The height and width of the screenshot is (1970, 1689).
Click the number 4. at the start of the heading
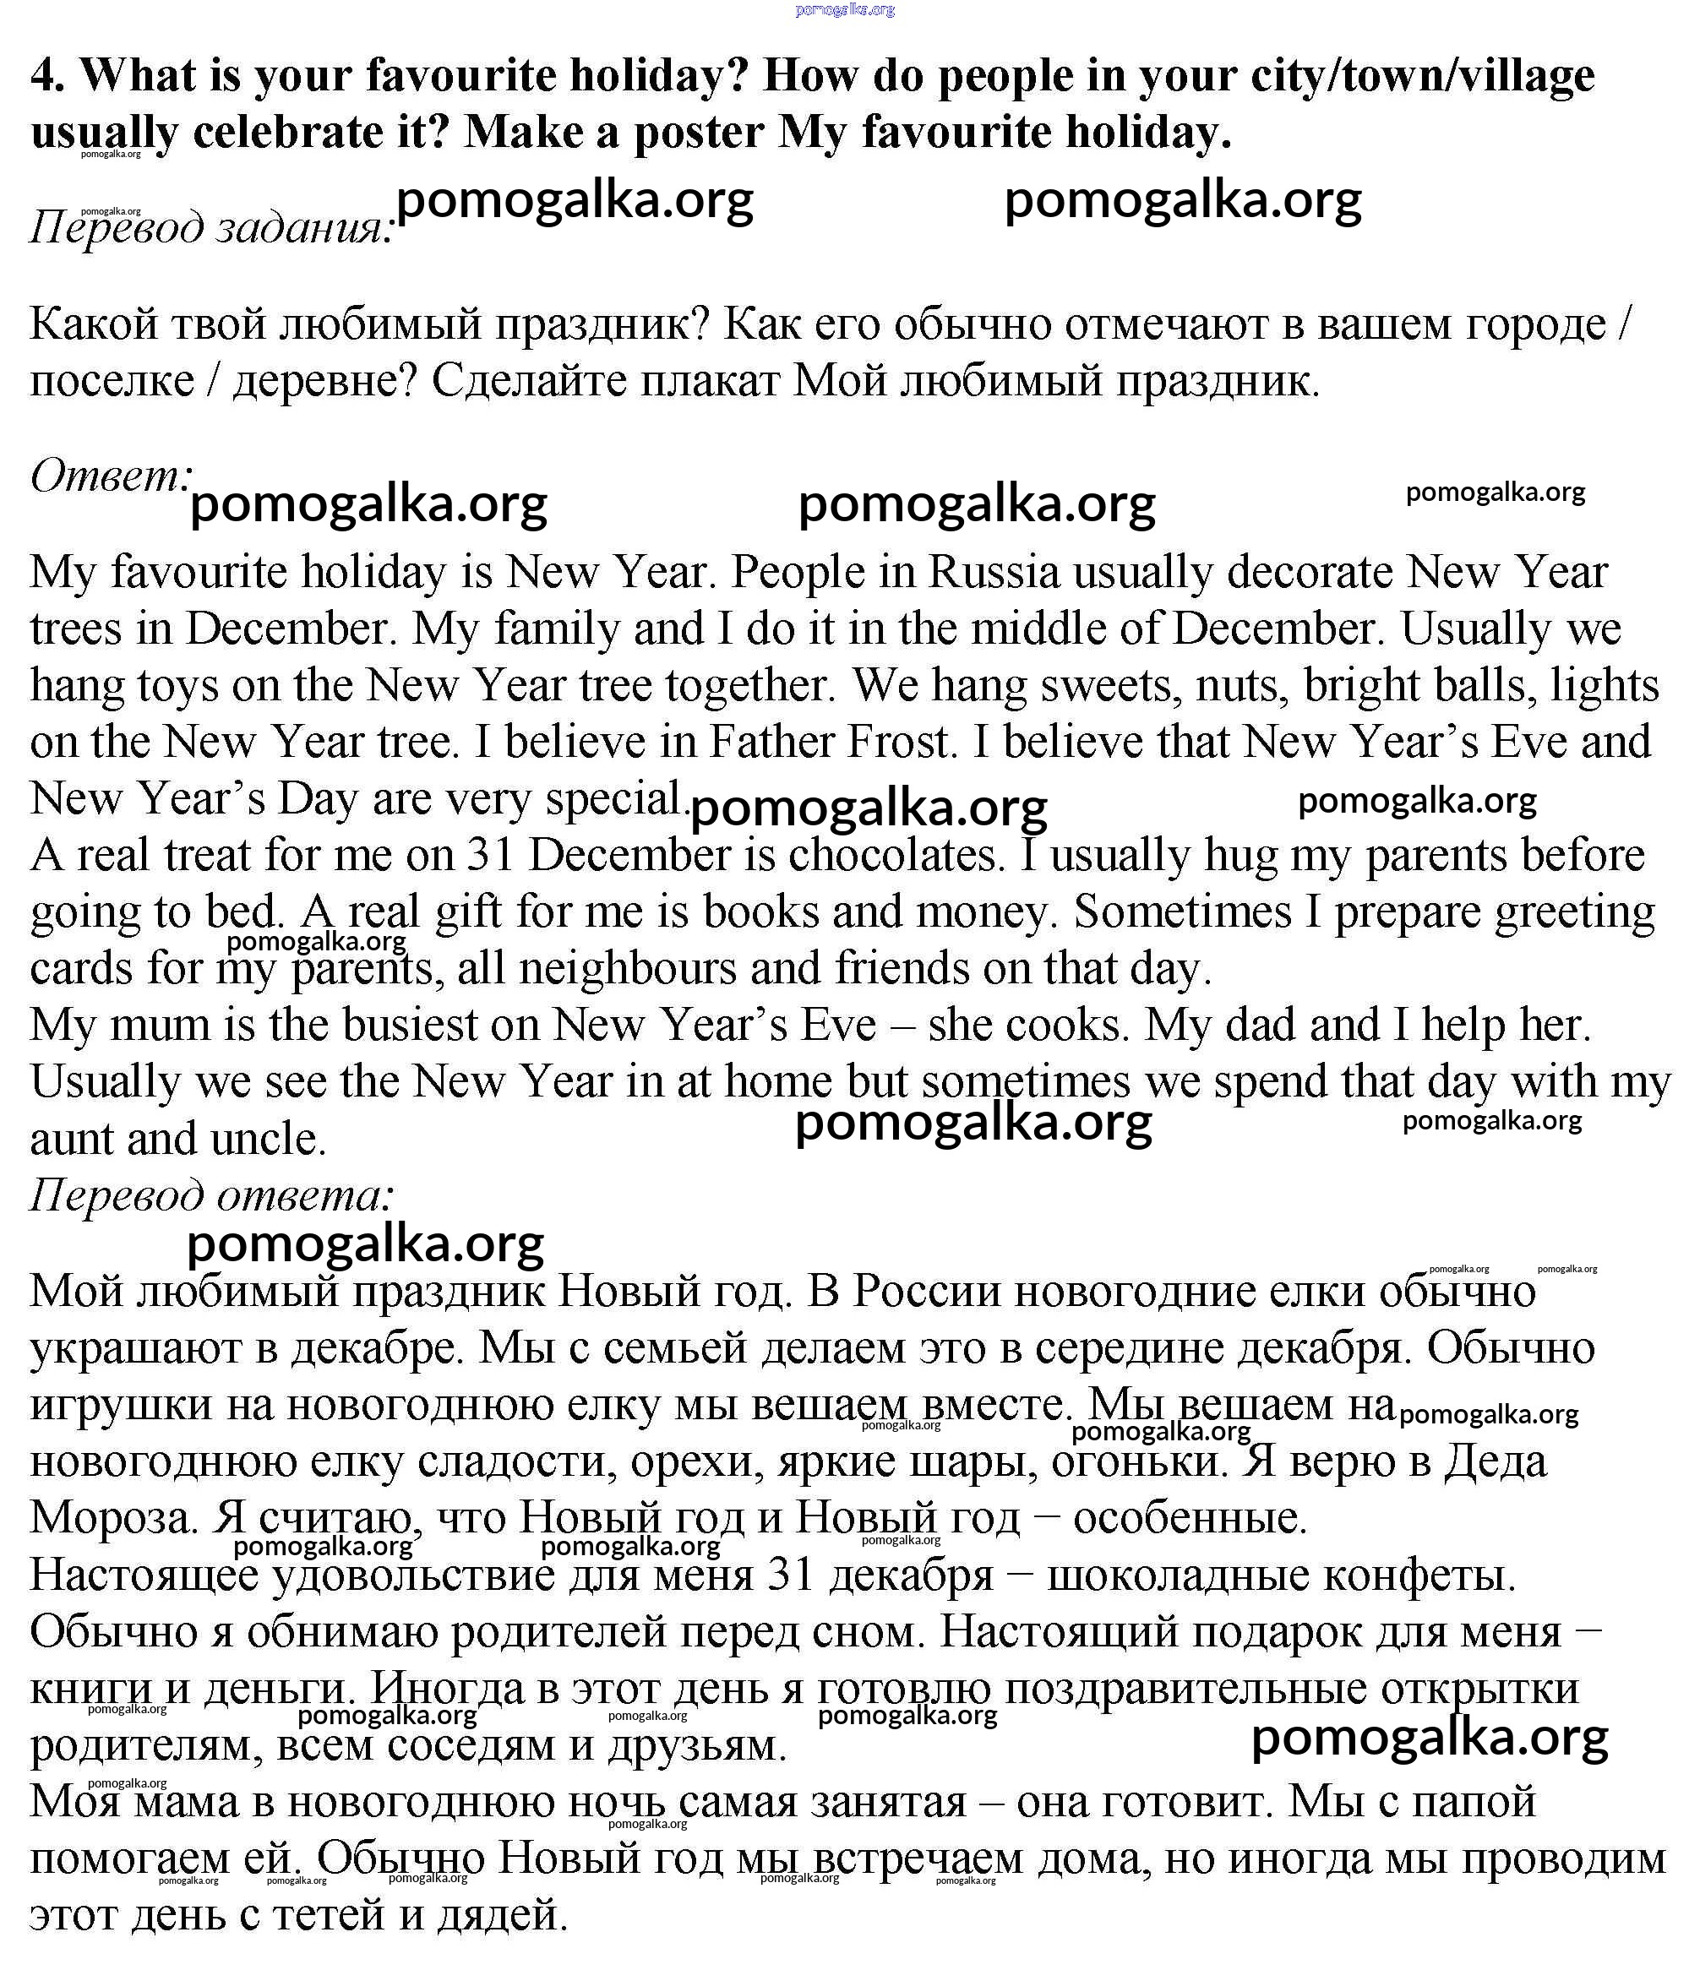pyautogui.click(x=47, y=75)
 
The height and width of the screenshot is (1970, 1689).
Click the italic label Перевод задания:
pyautogui.click(x=211, y=227)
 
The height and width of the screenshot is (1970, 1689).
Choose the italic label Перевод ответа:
pyautogui.click(x=211, y=1195)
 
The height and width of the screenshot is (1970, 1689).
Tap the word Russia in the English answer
pyautogui.click(x=994, y=573)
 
